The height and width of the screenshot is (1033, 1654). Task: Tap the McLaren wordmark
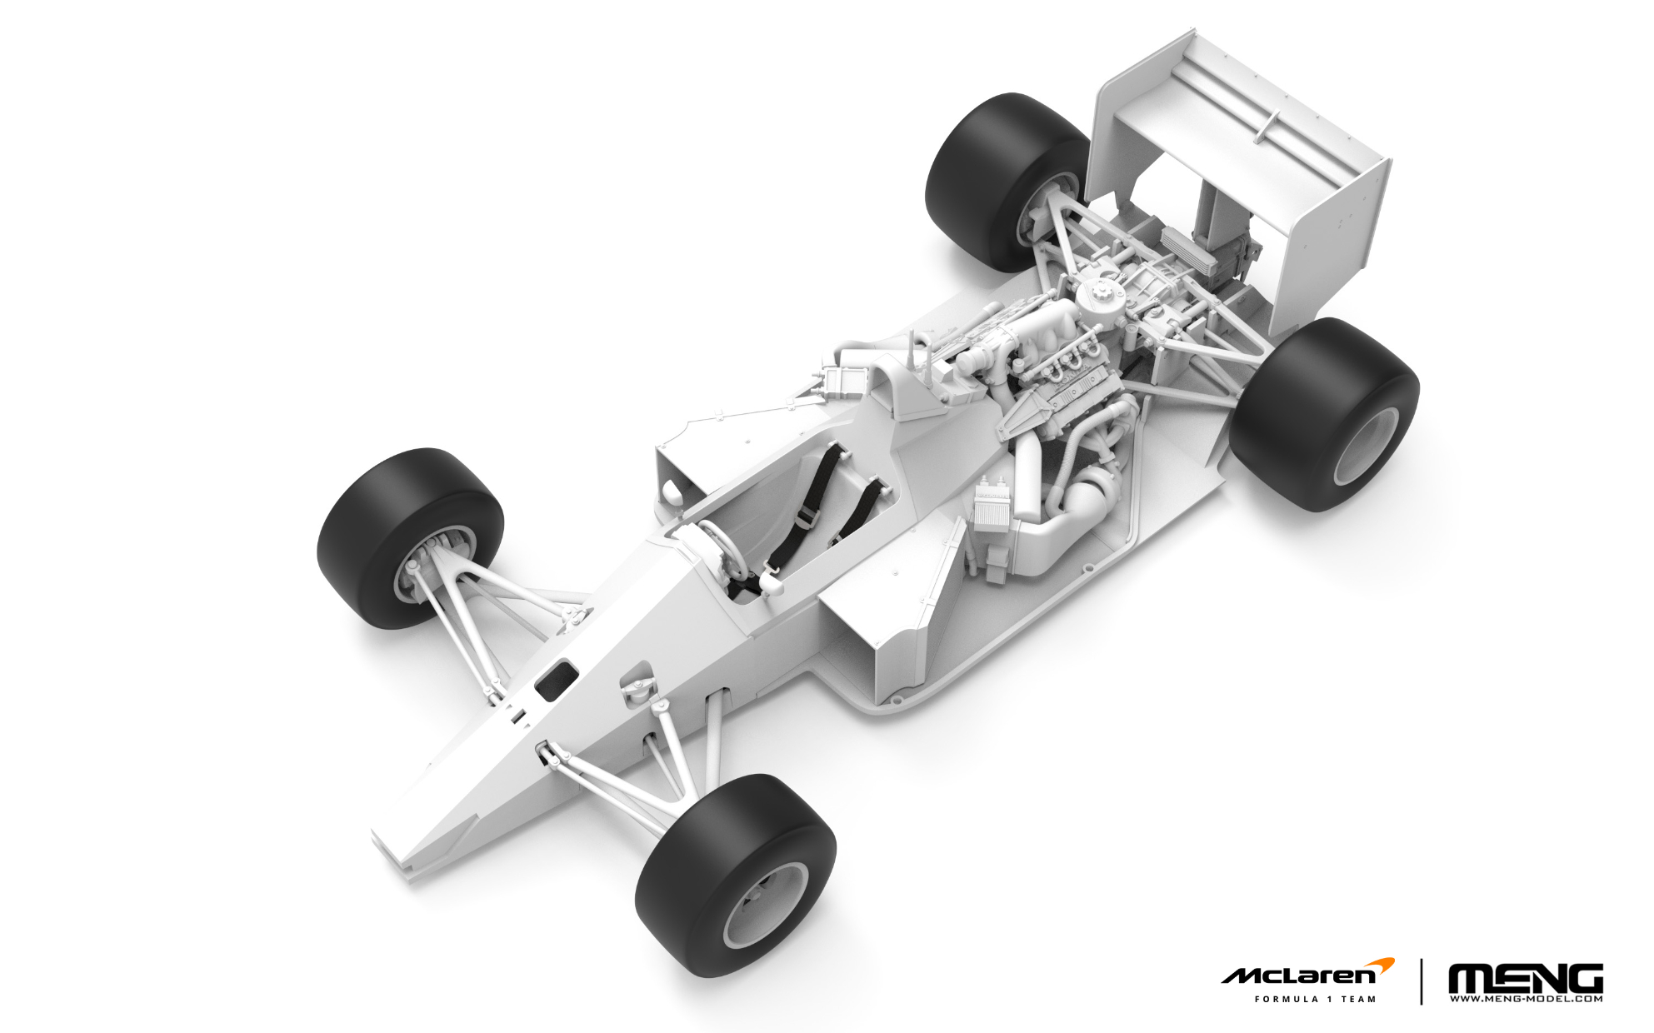coord(1298,976)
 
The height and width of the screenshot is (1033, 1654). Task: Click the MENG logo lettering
coord(1525,978)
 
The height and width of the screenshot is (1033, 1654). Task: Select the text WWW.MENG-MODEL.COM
coord(1525,999)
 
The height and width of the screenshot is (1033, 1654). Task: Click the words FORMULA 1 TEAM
coord(1315,999)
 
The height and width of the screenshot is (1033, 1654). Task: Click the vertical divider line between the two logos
coord(1422,981)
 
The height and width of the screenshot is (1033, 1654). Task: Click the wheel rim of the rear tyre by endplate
coord(1367,446)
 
